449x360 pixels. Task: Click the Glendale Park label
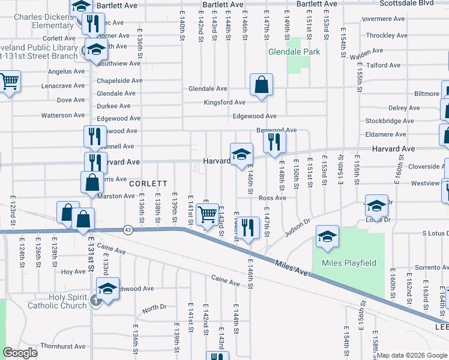pyautogui.click(x=294, y=52)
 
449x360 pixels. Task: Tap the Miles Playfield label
pyautogui.click(x=349, y=263)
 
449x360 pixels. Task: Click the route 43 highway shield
pyautogui.click(x=128, y=229)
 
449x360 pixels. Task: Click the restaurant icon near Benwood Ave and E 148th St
pyautogui.click(x=274, y=142)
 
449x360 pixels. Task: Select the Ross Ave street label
pyautogui.click(x=273, y=197)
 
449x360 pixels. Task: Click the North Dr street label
pyautogui.click(x=154, y=308)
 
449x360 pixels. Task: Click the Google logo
pyautogui.click(x=20, y=353)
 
